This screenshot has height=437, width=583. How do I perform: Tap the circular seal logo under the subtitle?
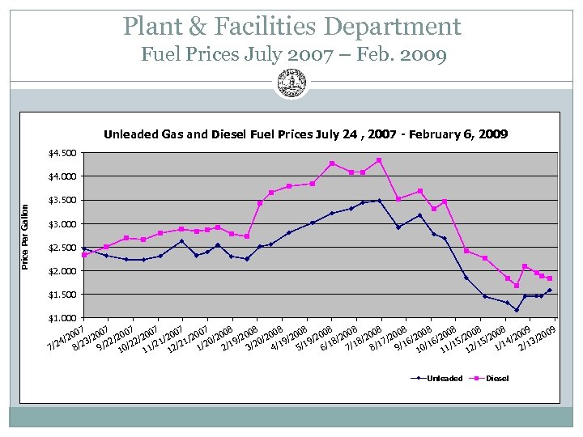pos(291,83)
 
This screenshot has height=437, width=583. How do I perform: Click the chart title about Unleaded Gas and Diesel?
pos(305,134)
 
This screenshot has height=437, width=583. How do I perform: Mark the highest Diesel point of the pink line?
pos(379,160)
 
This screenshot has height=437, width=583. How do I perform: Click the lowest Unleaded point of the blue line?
pos(517,310)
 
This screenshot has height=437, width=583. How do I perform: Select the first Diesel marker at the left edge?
pos(84,255)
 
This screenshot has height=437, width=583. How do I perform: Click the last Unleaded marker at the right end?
pos(550,290)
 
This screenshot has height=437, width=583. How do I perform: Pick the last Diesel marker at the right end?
pos(550,278)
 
